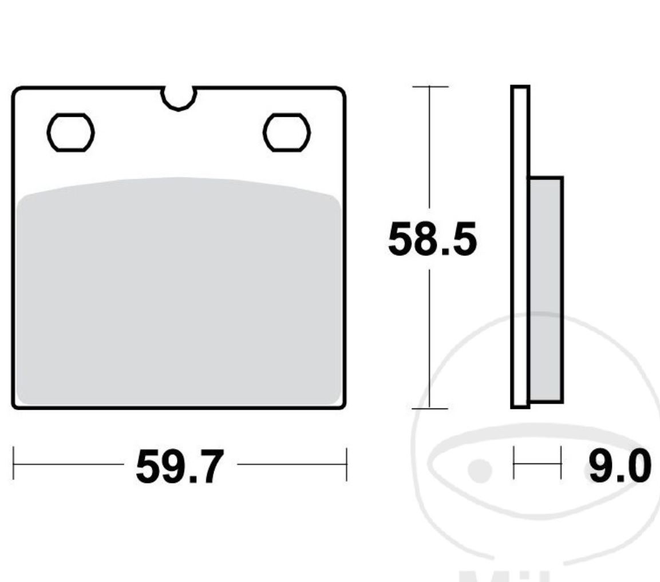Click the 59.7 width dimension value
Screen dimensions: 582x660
[178, 467]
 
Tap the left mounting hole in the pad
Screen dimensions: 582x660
[70, 132]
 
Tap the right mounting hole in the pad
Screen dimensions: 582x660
[286, 132]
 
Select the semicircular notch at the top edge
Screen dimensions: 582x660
[179, 97]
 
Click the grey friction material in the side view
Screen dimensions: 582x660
[546, 289]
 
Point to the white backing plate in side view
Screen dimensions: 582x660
[520, 246]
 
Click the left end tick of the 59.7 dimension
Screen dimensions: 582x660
[14, 463]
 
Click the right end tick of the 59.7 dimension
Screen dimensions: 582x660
[346, 463]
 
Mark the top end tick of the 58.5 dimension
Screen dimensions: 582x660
[430, 86]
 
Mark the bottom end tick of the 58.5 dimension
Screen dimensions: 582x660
[430, 408]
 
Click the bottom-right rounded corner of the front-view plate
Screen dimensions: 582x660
[341, 404]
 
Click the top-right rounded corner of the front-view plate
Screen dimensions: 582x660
[341, 92]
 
